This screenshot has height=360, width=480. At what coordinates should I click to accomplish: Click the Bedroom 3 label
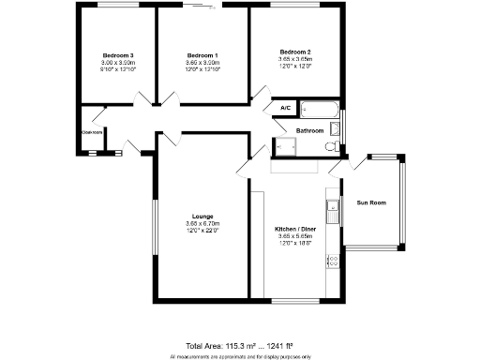pos(112,54)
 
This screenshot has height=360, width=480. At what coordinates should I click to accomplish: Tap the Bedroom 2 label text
pos(295,50)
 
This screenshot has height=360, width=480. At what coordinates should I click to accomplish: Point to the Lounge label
pos(202,215)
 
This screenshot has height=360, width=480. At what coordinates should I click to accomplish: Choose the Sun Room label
pos(371,202)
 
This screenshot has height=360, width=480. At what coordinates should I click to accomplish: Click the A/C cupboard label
pos(285,109)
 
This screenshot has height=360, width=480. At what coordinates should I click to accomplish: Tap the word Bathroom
pos(310,130)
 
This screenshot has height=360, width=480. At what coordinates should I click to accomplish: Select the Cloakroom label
pos(92,132)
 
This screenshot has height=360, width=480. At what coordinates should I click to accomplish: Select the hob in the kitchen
pos(331,262)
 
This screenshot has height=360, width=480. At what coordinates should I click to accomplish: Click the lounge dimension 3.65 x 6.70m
pos(202,223)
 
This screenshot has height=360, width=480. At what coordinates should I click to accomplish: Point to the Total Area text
pos(239,346)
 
